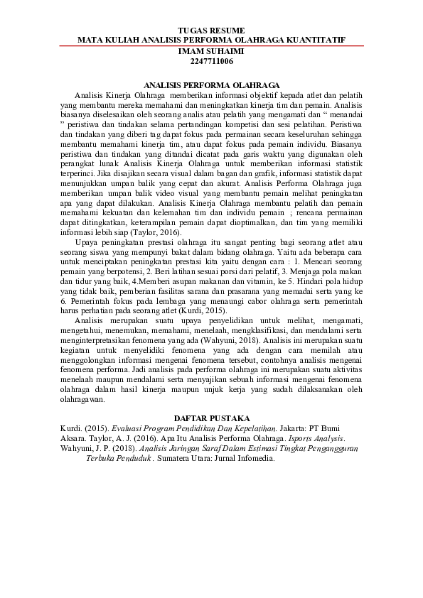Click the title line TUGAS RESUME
tap(211, 31)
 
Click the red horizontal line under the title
tap(211, 46)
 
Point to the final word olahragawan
tap(84, 400)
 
